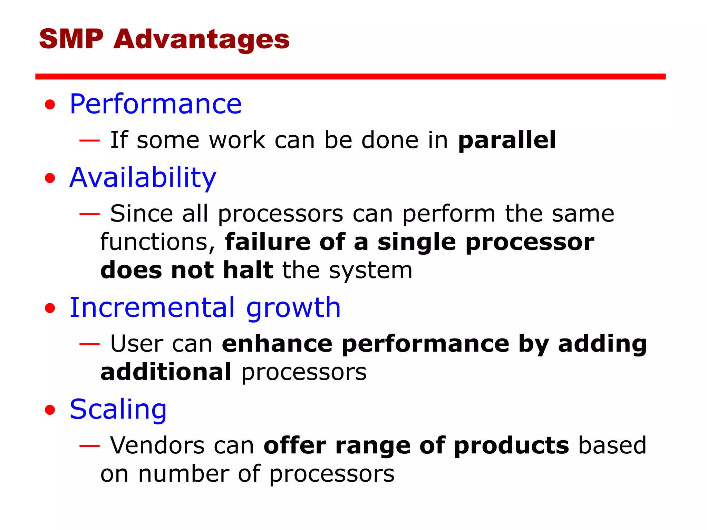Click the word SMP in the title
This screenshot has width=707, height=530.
(x=71, y=39)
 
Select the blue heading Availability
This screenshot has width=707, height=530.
(x=143, y=178)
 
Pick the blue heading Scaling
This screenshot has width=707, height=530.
(x=118, y=410)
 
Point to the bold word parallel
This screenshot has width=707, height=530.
(x=507, y=140)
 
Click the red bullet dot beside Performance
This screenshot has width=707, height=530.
(x=50, y=105)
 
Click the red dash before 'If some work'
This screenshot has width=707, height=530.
(x=89, y=140)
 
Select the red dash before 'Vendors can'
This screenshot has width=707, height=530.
(x=89, y=446)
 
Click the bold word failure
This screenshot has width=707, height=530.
(x=268, y=242)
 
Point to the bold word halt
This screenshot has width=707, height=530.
(x=248, y=270)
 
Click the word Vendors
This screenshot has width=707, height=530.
(x=157, y=446)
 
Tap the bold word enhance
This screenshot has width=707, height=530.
(x=277, y=344)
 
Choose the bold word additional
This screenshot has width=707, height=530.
(x=166, y=372)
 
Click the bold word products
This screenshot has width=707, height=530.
(x=511, y=446)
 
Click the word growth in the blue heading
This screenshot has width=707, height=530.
(x=293, y=308)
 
